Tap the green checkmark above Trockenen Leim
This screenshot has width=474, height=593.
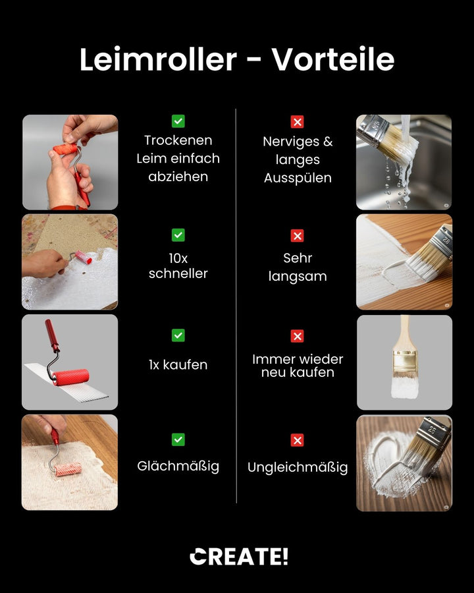pyautogui.click(x=178, y=121)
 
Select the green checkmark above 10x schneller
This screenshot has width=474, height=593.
pyautogui.click(x=178, y=235)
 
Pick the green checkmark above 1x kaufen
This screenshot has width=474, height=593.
pyautogui.click(x=178, y=335)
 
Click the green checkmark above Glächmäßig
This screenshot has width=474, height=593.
pyautogui.click(x=178, y=439)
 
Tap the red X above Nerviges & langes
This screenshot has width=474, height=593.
pyautogui.click(x=298, y=122)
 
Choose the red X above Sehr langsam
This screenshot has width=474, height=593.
pyautogui.click(x=298, y=236)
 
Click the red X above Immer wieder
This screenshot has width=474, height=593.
pyautogui.click(x=298, y=336)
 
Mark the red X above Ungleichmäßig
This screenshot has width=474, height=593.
pyautogui.click(x=298, y=440)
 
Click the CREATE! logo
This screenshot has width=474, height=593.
pyautogui.click(x=239, y=557)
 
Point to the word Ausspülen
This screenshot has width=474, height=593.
pyautogui.click(x=298, y=178)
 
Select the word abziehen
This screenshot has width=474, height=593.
pyautogui.click(x=178, y=177)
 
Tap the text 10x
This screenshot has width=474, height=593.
pyautogui.click(x=178, y=258)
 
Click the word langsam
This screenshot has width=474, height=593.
pyautogui.click(x=298, y=276)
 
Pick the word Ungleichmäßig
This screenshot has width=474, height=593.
pyautogui.click(x=298, y=468)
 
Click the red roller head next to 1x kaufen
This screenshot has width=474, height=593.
pyautogui.click(x=70, y=378)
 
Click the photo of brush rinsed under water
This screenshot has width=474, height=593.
pyautogui.click(x=404, y=162)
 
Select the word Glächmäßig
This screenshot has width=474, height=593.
pyautogui.click(x=178, y=466)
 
